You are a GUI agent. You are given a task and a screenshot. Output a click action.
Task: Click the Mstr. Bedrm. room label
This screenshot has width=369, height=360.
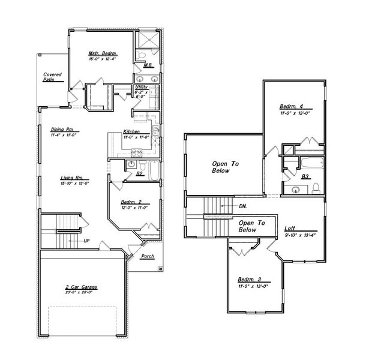pyautogui.click(x=101, y=53)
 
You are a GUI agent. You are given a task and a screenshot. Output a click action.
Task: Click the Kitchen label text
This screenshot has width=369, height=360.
pyautogui.click(x=131, y=132)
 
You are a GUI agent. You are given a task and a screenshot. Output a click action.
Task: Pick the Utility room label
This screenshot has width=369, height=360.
pyautogui.click(x=141, y=88)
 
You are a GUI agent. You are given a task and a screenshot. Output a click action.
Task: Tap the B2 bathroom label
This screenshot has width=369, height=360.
pyautogui.click(x=139, y=173)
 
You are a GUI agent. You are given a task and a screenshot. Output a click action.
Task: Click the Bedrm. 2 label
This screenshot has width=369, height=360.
pyautogui.click(x=131, y=202)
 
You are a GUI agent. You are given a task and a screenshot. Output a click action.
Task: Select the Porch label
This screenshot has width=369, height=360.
pyautogui.click(x=147, y=256)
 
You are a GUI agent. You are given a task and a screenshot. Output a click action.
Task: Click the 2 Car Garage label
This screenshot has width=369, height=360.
pyautogui.click(x=81, y=287)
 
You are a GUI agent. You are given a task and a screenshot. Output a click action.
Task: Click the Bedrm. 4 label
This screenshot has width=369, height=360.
pyautogui.click(x=292, y=107)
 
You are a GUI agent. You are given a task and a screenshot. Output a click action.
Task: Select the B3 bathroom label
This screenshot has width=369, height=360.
pyautogui.click(x=305, y=176)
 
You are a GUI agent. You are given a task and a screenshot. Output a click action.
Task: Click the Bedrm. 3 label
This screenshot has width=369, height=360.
pyautogui.click(x=249, y=280)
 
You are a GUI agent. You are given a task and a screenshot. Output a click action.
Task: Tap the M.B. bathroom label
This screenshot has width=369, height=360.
pyautogui.click(x=147, y=65)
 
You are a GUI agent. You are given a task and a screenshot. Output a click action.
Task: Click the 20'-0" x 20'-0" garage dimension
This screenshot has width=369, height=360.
pyautogui.click(x=81, y=293)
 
